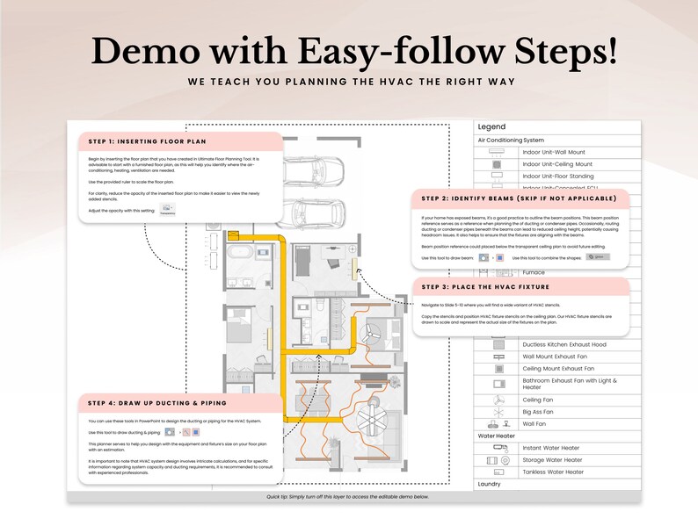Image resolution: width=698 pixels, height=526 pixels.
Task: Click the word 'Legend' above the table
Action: [x=491, y=127]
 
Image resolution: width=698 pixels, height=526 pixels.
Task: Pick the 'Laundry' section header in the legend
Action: [x=490, y=484]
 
